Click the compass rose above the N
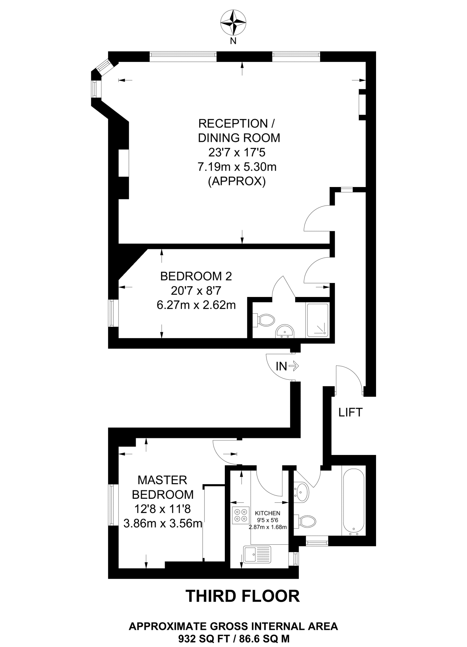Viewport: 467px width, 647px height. click(233, 23)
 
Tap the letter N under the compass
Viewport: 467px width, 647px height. click(233, 41)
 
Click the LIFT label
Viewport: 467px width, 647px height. click(350, 412)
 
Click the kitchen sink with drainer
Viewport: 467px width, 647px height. click(257, 554)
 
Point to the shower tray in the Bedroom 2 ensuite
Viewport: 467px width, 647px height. click(317, 320)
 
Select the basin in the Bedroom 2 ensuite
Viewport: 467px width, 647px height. click(285, 331)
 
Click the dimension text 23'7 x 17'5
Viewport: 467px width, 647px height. click(236, 153)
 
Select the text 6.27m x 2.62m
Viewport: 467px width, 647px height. click(196, 305)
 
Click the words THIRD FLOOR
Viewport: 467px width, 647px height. click(242, 596)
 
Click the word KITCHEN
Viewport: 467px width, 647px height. click(267, 513)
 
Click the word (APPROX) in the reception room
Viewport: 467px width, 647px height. click(236, 181)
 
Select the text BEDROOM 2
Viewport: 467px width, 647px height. click(196, 276)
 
